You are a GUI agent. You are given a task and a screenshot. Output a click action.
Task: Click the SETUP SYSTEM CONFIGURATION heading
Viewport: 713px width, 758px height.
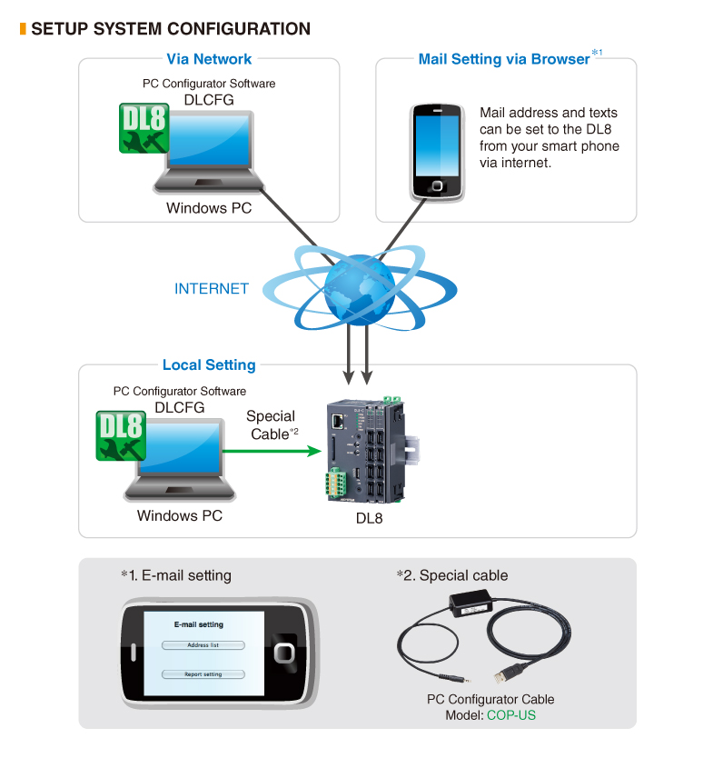(x=170, y=29)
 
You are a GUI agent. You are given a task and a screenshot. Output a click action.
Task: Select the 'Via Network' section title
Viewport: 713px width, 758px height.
(x=209, y=59)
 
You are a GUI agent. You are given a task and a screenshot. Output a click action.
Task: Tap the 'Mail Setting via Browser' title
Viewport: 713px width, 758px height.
(x=504, y=59)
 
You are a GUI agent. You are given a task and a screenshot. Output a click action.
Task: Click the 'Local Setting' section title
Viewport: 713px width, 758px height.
(x=209, y=365)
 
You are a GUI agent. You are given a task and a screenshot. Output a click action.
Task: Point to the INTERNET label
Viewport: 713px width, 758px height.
(x=211, y=289)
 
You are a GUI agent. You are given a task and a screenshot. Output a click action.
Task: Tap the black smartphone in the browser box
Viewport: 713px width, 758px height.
(x=437, y=151)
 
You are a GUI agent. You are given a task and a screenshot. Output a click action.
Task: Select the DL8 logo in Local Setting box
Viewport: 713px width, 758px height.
(x=121, y=435)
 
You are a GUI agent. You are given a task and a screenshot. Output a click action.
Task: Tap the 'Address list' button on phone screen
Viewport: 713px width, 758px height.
(x=203, y=645)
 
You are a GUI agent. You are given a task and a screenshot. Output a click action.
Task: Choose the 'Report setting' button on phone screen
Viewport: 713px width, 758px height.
(x=203, y=674)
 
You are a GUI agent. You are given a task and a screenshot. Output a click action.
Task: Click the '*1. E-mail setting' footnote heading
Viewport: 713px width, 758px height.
(x=175, y=575)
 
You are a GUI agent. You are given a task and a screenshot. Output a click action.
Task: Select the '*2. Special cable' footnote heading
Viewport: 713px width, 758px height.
(x=452, y=575)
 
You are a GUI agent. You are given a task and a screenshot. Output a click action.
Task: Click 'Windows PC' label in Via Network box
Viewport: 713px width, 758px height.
(x=209, y=208)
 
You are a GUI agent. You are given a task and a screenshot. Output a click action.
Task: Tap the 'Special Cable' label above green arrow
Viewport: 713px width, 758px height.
(x=271, y=425)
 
